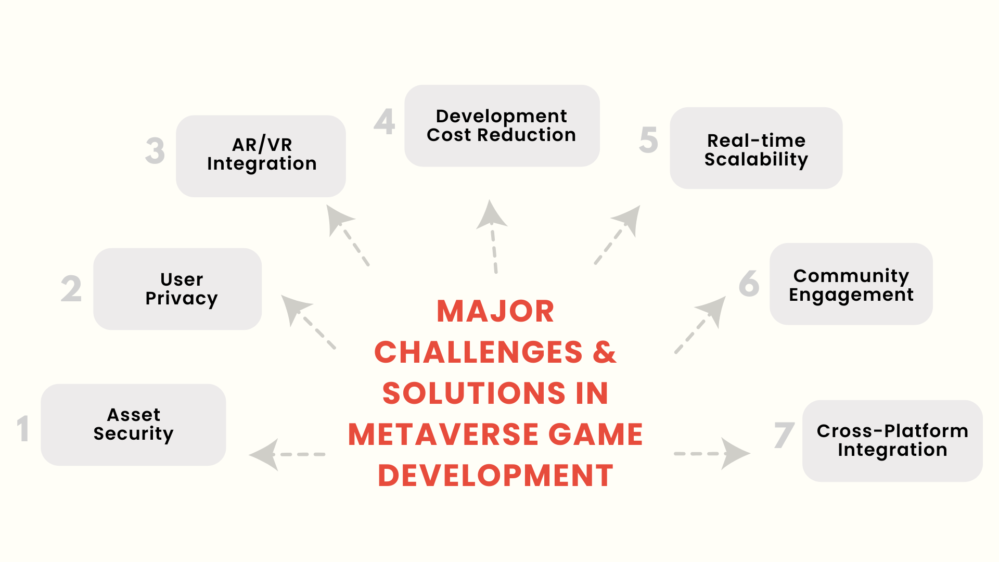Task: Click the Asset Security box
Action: (x=133, y=425)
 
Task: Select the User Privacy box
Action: (x=177, y=289)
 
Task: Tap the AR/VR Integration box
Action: (x=261, y=156)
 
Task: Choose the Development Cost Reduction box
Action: (x=502, y=125)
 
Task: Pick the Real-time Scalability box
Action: (x=755, y=148)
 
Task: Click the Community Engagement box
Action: (x=851, y=284)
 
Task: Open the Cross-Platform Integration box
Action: (x=892, y=441)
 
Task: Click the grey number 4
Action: (x=385, y=122)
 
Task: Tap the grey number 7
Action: (x=784, y=436)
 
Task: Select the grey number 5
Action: (x=648, y=140)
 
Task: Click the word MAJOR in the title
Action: (x=495, y=312)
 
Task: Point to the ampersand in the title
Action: (x=605, y=352)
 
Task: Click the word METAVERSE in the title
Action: (x=443, y=435)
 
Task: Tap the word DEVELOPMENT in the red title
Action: (x=495, y=476)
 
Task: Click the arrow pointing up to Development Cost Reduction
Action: (x=493, y=234)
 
